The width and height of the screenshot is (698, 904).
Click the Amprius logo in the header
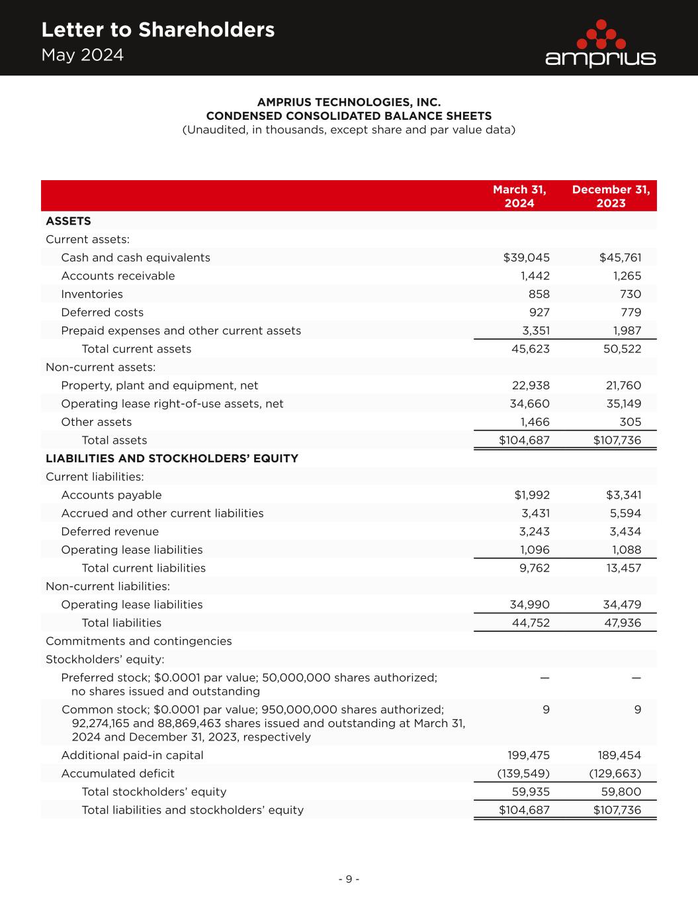coord(600,44)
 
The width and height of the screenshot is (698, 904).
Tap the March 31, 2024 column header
coord(519,196)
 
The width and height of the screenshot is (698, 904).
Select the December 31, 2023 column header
coord(611,196)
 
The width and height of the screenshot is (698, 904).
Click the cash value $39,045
coord(527,258)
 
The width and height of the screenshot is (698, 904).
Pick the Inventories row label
coord(92,294)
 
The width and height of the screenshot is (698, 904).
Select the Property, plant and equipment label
coord(159,385)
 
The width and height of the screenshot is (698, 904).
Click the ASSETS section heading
coord(68,221)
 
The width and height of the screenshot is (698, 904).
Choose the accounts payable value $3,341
coord(623,495)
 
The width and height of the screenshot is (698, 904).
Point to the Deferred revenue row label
coord(110,531)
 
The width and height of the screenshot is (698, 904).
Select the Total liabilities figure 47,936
coord(620,623)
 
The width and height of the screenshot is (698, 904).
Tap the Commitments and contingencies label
coord(139,641)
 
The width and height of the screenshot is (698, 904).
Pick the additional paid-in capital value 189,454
coord(615,755)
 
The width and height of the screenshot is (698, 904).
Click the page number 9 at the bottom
coord(349,879)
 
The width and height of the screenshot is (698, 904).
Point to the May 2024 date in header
coord(83,55)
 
